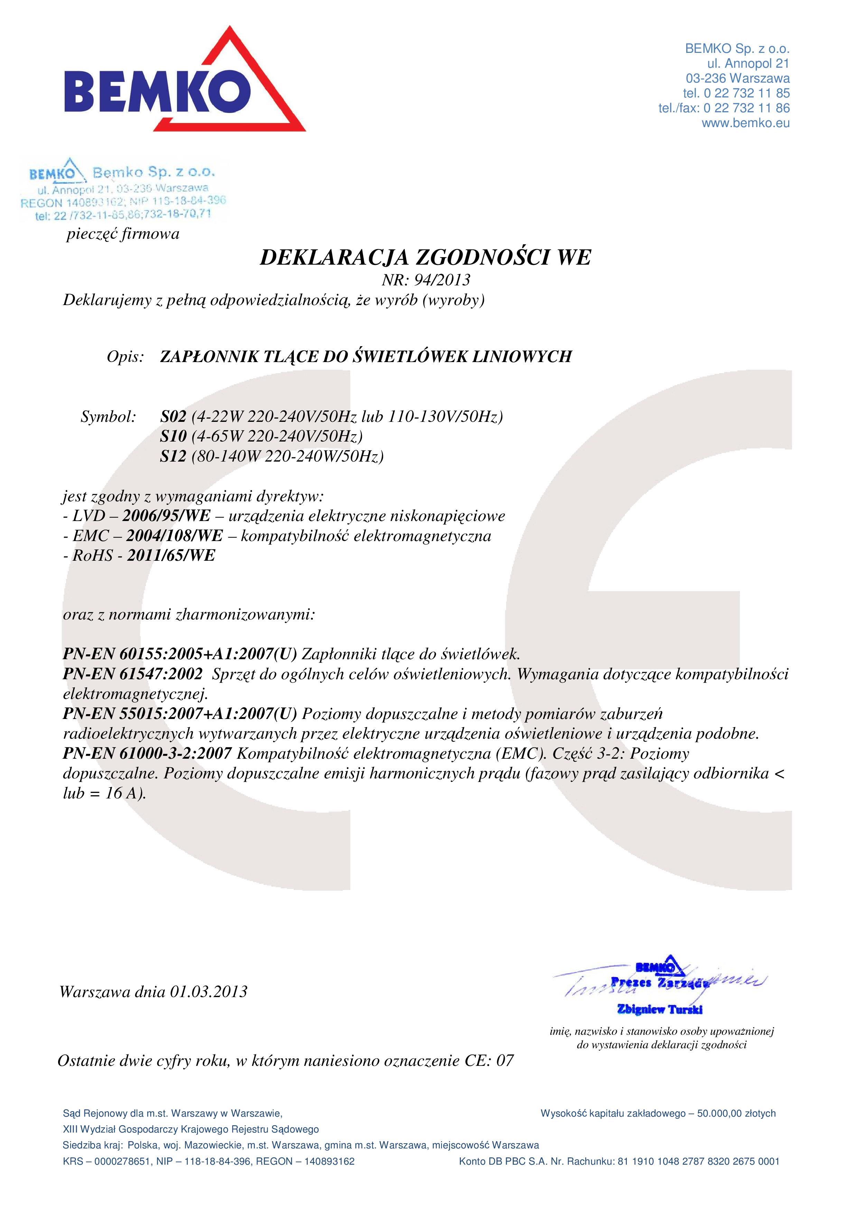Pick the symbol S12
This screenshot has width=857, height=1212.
[173, 456]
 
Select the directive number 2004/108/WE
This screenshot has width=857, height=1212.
[174, 536]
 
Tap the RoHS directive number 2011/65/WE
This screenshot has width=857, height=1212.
[171, 555]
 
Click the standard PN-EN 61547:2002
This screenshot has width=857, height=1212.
[132, 674]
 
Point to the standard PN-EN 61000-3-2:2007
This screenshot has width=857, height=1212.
[147, 753]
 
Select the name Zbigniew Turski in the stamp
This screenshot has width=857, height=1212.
[660, 1009]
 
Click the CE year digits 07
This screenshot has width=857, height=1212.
[505, 1061]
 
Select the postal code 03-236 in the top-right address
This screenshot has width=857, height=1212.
[706, 79]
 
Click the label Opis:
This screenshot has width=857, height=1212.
[125, 357]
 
